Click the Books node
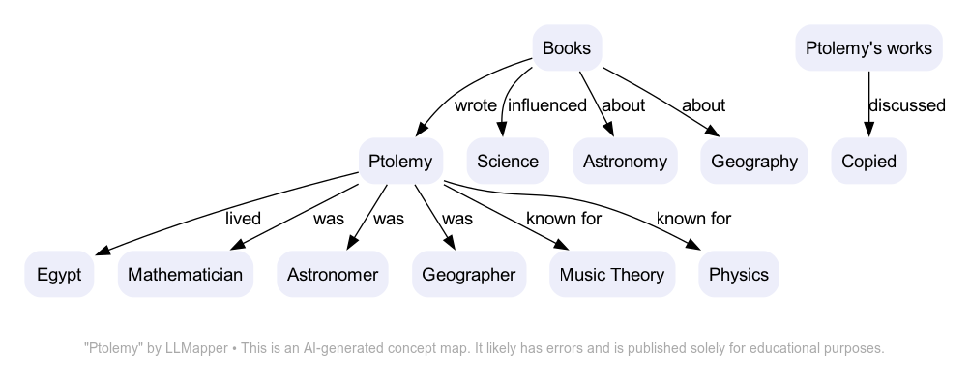567,48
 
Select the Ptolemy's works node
868,48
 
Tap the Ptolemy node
400,162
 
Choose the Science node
508,162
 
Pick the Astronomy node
625,162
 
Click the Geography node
754,162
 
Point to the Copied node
868,162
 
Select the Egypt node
59,275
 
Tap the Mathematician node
185,275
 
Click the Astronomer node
333,275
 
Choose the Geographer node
469,275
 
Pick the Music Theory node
612,275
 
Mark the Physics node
739,275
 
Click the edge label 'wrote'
475,105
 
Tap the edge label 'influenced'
547,105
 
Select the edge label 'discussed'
906,105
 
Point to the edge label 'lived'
243,219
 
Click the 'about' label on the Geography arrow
703,105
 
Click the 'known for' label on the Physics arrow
693,219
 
